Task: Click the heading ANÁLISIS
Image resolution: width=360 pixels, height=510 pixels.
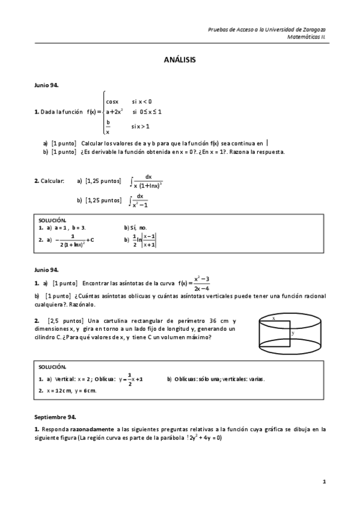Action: pyautogui.click(x=180, y=60)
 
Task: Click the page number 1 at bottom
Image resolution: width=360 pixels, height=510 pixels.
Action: pyautogui.click(x=324, y=481)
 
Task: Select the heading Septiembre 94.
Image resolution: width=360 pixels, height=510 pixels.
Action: pyautogui.click(x=55, y=416)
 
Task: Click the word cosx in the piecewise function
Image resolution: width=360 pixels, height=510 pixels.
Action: pyautogui.click(x=112, y=101)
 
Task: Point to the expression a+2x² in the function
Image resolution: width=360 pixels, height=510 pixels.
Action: pyautogui.click(x=114, y=111)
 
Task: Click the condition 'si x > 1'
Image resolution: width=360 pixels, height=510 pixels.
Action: pyautogui.click(x=140, y=126)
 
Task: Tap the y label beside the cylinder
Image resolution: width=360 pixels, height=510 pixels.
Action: pyautogui.click(x=293, y=333)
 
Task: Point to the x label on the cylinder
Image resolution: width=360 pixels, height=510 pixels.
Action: pyautogui.click(x=274, y=318)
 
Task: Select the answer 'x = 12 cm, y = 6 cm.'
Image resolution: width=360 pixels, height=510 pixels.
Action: pyautogui.click(x=71, y=390)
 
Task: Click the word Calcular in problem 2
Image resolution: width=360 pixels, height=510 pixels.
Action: pyautogui.click(x=52, y=180)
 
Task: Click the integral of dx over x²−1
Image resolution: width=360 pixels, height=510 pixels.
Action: pyautogui.click(x=139, y=200)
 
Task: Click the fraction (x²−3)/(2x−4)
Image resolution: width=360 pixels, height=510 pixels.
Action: pyautogui.click(x=201, y=283)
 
